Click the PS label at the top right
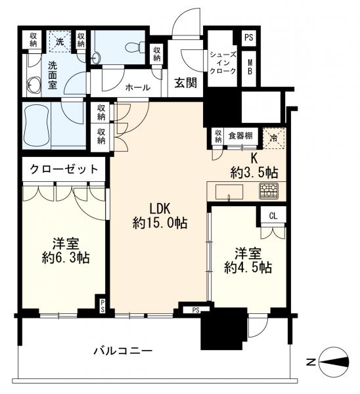click(x=248, y=38)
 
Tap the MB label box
click(x=250, y=68)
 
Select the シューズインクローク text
click(x=223, y=62)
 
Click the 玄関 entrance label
click(x=183, y=83)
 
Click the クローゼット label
click(x=63, y=169)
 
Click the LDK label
click(x=158, y=209)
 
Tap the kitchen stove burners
click(x=268, y=191)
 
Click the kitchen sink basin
click(x=229, y=191)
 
